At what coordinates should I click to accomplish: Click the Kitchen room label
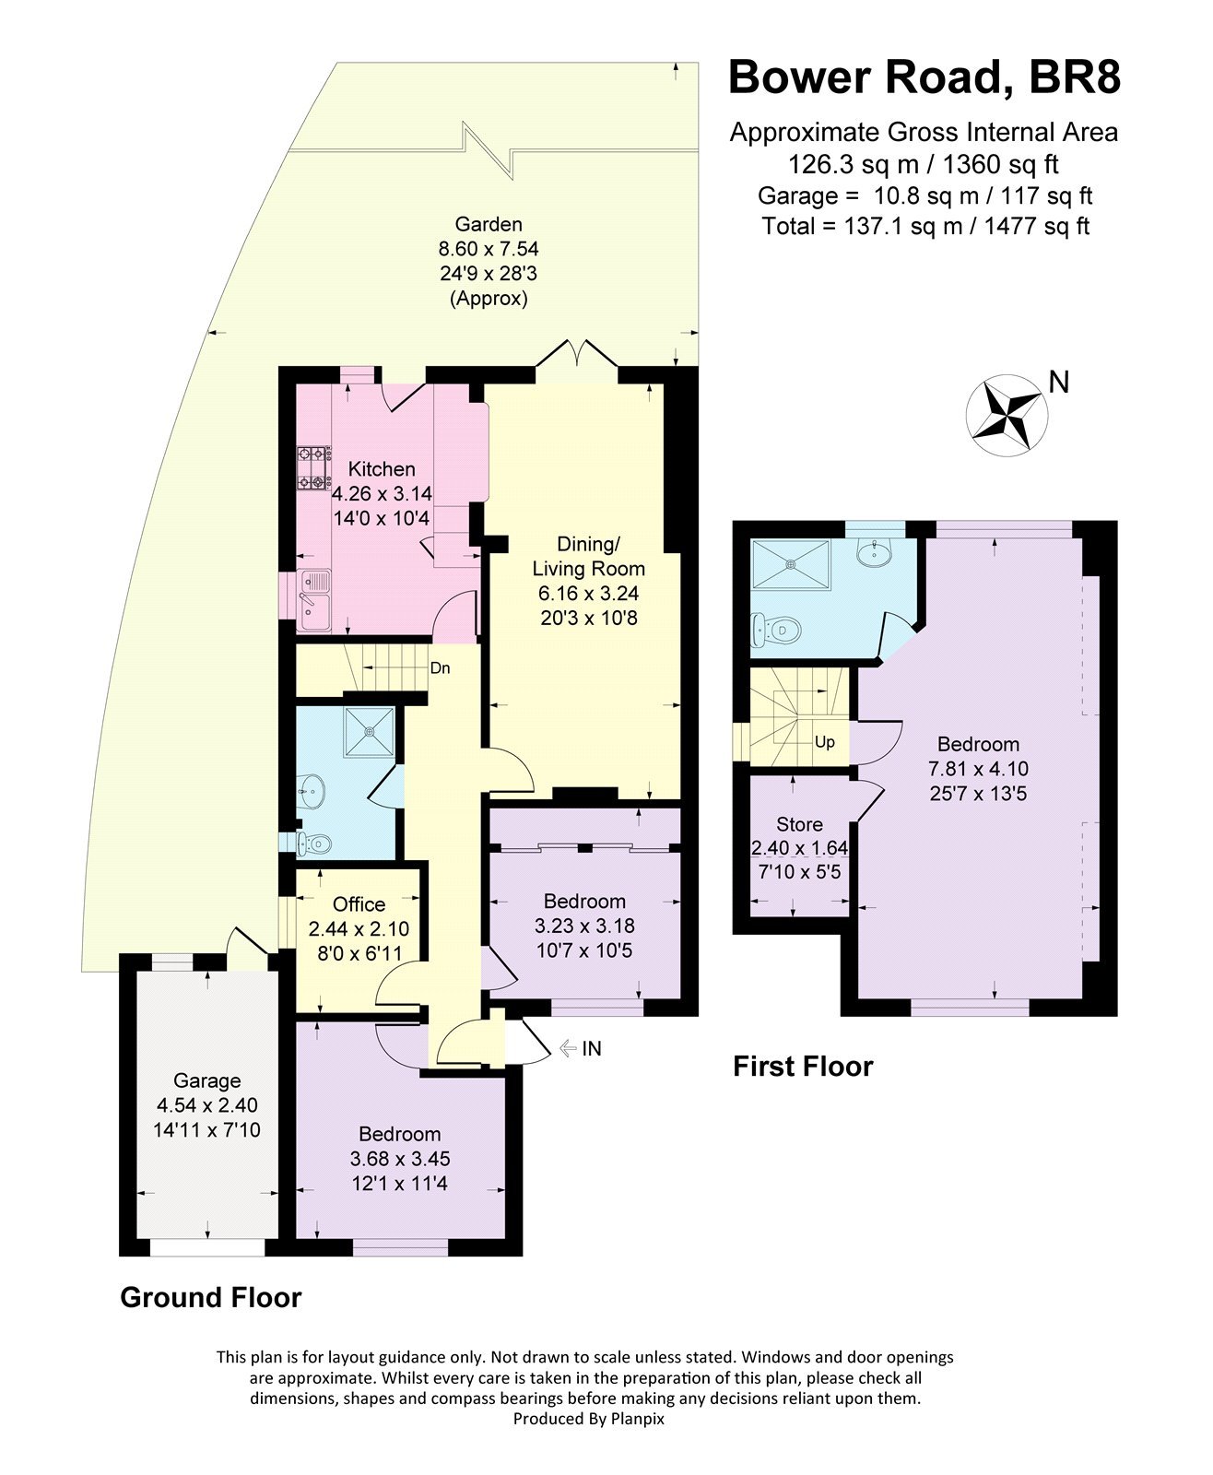pyautogui.click(x=381, y=469)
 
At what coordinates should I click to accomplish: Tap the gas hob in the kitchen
pyautogui.click(x=313, y=467)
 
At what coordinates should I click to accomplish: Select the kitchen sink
pyautogui.click(x=315, y=597)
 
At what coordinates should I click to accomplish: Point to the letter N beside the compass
pyautogui.click(x=1059, y=382)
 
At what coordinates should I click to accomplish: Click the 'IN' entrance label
pyautogui.click(x=591, y=1048)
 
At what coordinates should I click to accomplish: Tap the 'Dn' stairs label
pyautogui.click(x=440, y=667)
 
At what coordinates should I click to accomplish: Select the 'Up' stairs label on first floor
pyautogui.click(x=824, y=742)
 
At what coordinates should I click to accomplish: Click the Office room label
pyautogui.click(x=359, y=904)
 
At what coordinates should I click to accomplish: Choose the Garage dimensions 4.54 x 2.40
pyautogui.click(x=206, y=1104)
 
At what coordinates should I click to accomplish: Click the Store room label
pyautogui.click(x=799, y=824)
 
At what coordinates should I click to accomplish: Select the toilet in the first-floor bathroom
pyautogui.click(x=775, y=631)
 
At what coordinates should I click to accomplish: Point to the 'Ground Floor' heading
pyautogui.click(x=210, y=1298)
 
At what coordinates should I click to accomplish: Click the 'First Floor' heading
pyautogui.click(x=802, y=1067)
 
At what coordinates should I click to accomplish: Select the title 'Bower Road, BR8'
pyautogui.click(x=924, y=77)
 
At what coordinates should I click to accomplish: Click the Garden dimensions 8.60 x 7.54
pyautogui.click(x=488, y=249)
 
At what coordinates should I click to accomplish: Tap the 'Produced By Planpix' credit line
pyautogui.click(x=588, y=1419)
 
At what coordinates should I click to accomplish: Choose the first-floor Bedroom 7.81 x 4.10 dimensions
pyautogui.click(x=978, y=768)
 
